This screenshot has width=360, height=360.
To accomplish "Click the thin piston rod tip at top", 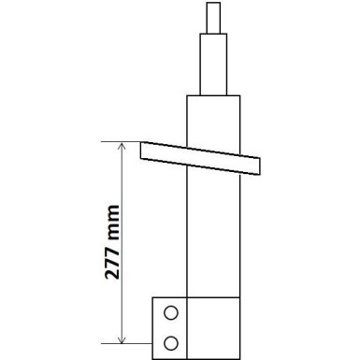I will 210,16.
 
